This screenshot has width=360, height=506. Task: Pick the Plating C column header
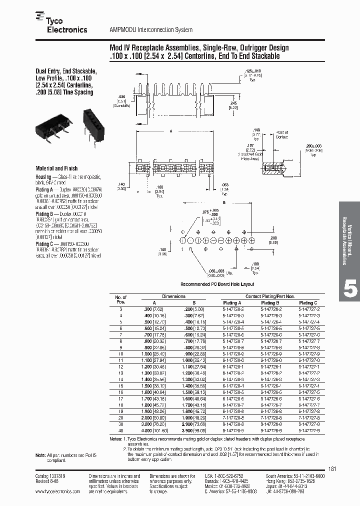click(308, 303)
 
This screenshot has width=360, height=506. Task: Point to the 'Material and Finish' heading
click(56, 168)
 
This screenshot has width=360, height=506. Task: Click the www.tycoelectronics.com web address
click(57, 491)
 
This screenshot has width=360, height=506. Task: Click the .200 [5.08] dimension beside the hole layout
click(273, 239)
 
